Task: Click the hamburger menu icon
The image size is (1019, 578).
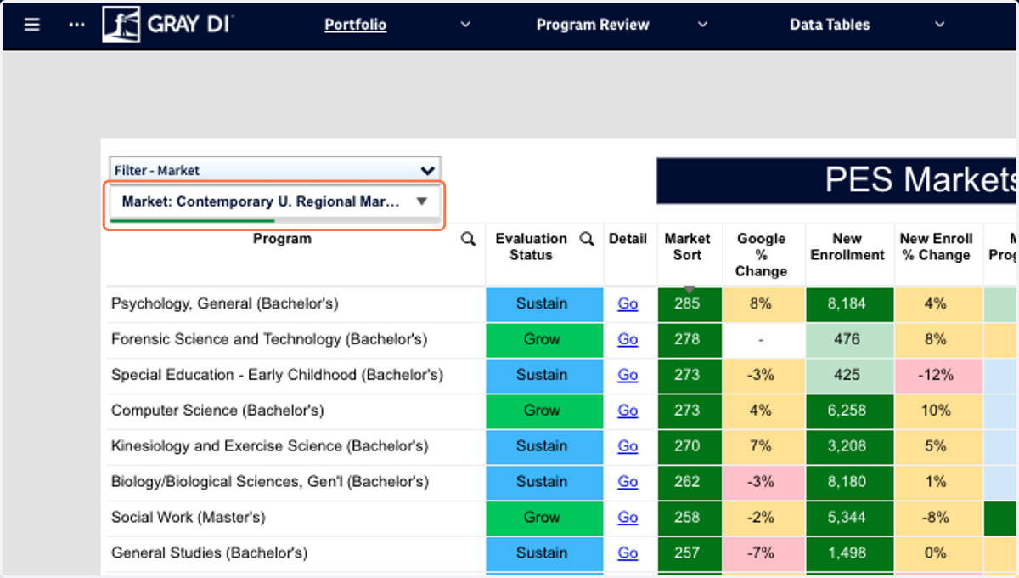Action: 32,25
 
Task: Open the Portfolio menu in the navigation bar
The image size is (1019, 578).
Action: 355,25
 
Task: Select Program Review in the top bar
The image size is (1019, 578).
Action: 593,25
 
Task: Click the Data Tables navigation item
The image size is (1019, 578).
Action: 830,25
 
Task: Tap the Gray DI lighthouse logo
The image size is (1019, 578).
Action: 121,25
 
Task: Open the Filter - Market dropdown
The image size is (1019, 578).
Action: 275,170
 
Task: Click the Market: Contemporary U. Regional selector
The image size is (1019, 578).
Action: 275,201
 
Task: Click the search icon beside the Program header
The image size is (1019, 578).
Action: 468,239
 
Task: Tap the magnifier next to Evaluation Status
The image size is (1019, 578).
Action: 587,239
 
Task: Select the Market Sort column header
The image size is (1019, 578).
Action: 687,246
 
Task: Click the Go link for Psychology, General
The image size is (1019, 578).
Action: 628,303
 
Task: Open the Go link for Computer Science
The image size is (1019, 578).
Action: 628,411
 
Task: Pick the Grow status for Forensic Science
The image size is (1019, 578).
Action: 544,339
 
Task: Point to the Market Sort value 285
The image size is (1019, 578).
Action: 690,303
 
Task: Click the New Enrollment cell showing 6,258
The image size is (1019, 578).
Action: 850,411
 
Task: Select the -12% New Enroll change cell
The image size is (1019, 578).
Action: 939,375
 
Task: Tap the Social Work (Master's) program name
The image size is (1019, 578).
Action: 189,517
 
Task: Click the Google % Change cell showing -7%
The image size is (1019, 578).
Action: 763,552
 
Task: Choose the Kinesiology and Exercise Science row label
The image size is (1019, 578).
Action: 270,446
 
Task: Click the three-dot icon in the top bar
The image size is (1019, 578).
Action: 76,25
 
